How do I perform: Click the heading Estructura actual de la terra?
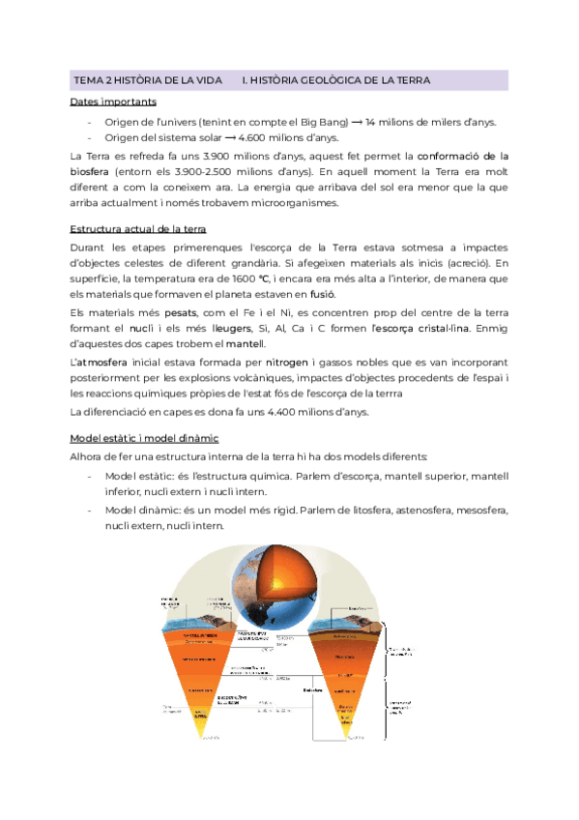tap(138, 229)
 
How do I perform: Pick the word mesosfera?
tap(476, 510)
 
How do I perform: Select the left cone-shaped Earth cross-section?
tap(202, 667)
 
